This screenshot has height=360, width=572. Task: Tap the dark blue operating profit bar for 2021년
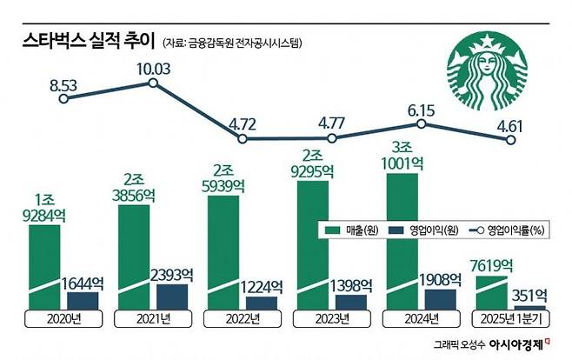pos(170,297)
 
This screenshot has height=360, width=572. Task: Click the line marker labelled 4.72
pos(245,138)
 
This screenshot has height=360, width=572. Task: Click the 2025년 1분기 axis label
pos(507,318)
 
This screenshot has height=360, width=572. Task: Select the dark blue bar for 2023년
pos(350,303)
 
